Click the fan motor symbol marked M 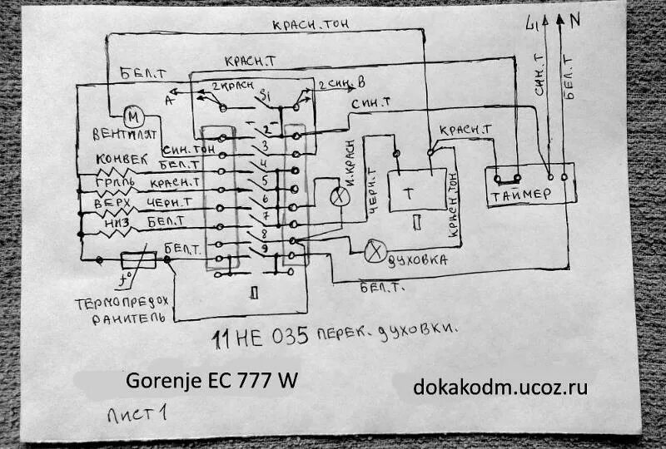coord(131,116)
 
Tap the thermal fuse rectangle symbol coord(139,260)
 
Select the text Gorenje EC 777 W coord(211,380)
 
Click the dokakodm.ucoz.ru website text coord(500,386)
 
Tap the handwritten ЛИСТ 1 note coord(138,412)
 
